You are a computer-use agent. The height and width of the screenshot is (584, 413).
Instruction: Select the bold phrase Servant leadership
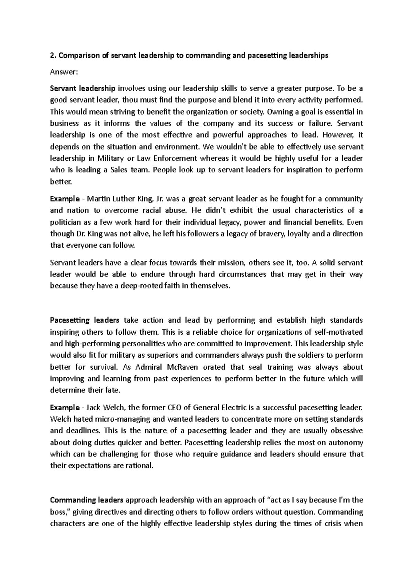click(83, 88)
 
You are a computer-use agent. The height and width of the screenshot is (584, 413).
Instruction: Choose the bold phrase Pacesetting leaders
click(85, 320)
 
